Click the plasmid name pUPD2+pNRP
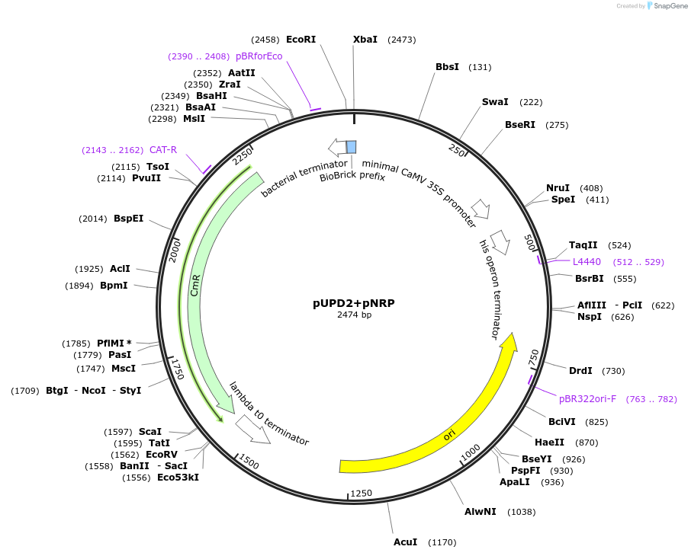353,302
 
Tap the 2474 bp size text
354,315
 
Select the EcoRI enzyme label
301,39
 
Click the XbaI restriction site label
365,39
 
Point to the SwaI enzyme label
495,102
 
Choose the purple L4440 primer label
587,262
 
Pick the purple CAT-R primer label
163,150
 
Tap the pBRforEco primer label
259,56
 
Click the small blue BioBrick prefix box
351,147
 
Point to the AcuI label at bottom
405,542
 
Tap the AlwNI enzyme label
480,512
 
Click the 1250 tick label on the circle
362,493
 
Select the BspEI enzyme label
128,219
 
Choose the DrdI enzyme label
580,371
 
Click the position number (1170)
442,542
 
